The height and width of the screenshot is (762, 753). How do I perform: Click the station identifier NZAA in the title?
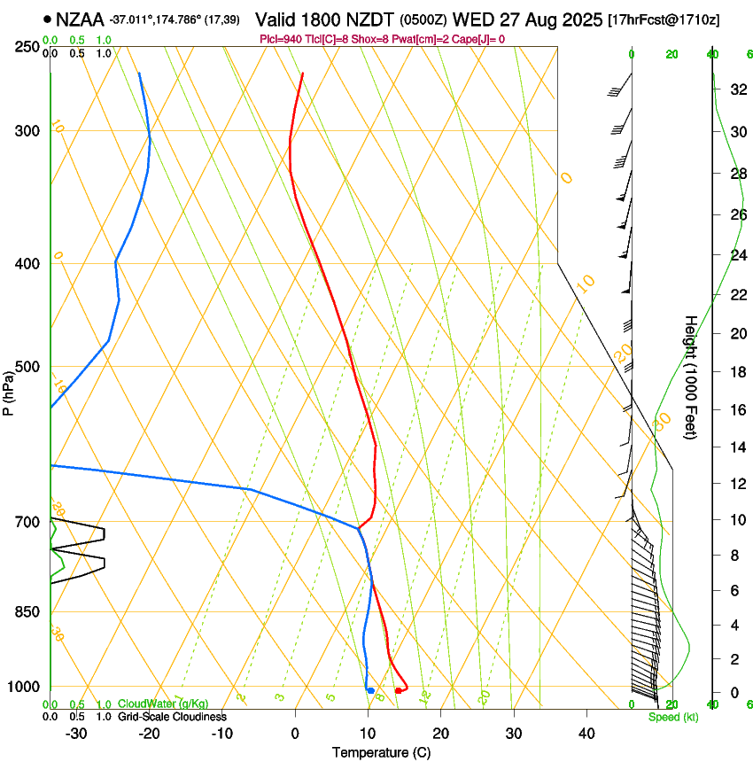tap(80, 19)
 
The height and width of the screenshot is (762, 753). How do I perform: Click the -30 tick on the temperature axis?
tap(76, 734)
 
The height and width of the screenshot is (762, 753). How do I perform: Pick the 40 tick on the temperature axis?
tap(586, 734)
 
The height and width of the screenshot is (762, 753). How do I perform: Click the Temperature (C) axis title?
tap(381, 752)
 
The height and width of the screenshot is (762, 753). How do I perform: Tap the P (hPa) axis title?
tap(9, 391)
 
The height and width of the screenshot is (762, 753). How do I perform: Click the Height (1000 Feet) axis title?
tap(691, 377)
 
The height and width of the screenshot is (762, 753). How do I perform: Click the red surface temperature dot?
tap(399, 690)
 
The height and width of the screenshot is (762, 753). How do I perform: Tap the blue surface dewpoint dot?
tap(370, 690)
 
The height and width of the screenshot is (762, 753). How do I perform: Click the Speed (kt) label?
tap(673, 717)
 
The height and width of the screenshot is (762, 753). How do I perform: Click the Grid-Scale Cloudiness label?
tap(172, 716)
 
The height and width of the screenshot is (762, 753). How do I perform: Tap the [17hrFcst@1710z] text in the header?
tap(676, 19)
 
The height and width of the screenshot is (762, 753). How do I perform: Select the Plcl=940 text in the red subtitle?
tap(282, 39)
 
